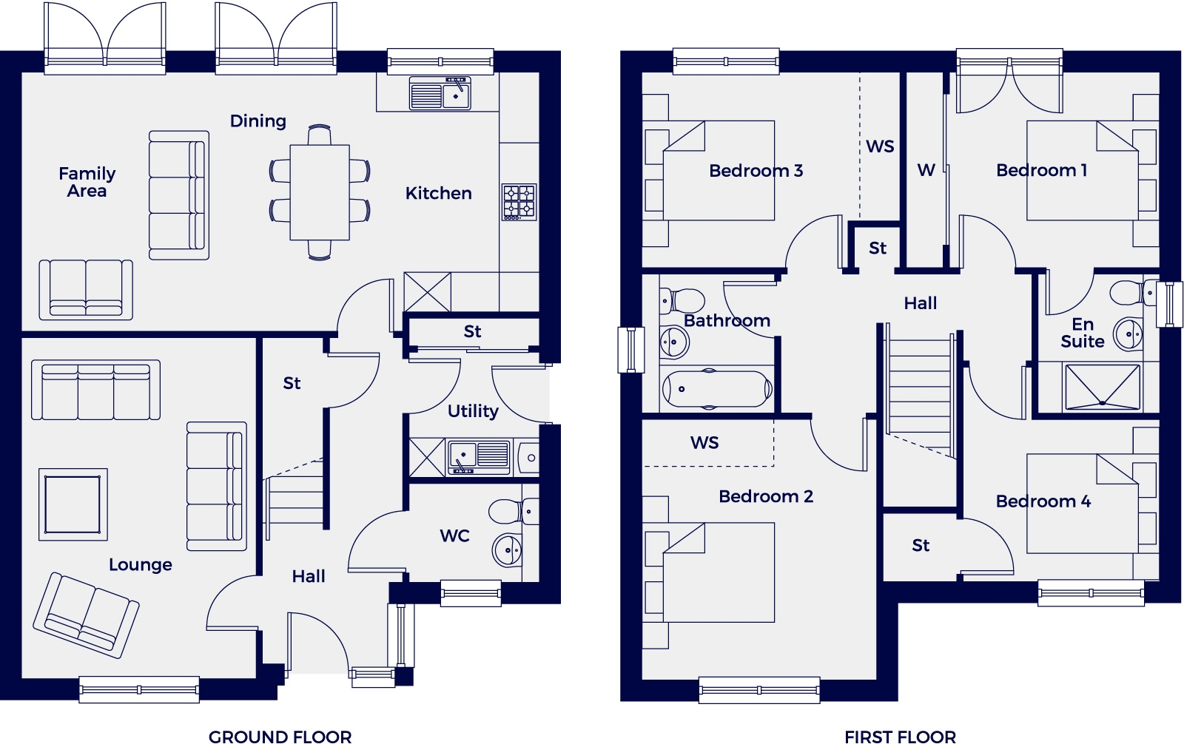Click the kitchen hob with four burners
(x=519, y=202)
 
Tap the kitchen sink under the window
(x=440, y=95)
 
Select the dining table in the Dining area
(x=320, y=192)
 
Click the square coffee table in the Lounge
(x=73, y=504)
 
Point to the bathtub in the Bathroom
(x=716, y=389)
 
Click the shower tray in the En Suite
(x=1102, y=387)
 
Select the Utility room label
(x=473, y=411)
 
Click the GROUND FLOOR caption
(x=280, y=736)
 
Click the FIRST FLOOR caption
(x=900, y=736)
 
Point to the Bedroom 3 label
(x=756, y=171)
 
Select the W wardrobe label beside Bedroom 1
(x=926, y=170)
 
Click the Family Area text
(x=87, y=182)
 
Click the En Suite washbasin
(x=1129, y=334)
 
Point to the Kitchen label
(x=438, y=193)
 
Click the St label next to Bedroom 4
(x=920, y=546)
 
